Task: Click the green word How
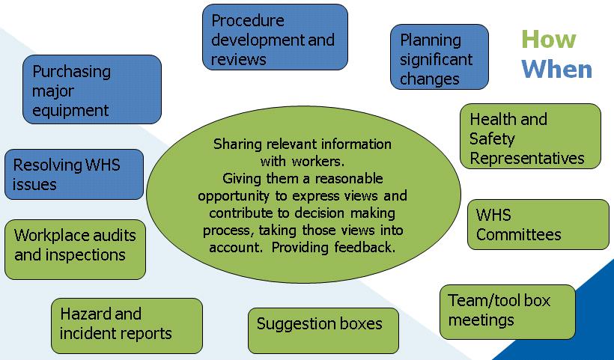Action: click(x=549, y=39)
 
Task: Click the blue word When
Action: click(x=557, y=69)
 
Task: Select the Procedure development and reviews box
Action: click(x=275, y=37)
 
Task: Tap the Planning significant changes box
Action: click(x=439, y=58)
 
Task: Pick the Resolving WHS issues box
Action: click(x=73, y=174)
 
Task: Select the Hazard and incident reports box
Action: click(x=126, y=325)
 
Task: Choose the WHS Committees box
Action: click(x=538, y=225)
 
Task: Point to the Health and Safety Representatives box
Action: click(x=529, y=137)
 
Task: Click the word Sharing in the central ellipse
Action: click(x=238, y=144)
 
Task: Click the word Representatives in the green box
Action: click(x=526, y=158)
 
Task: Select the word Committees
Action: click(x=518, y=234)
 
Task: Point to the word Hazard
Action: click(x=85, y=314)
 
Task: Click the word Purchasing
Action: click(x=71, y=72)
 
